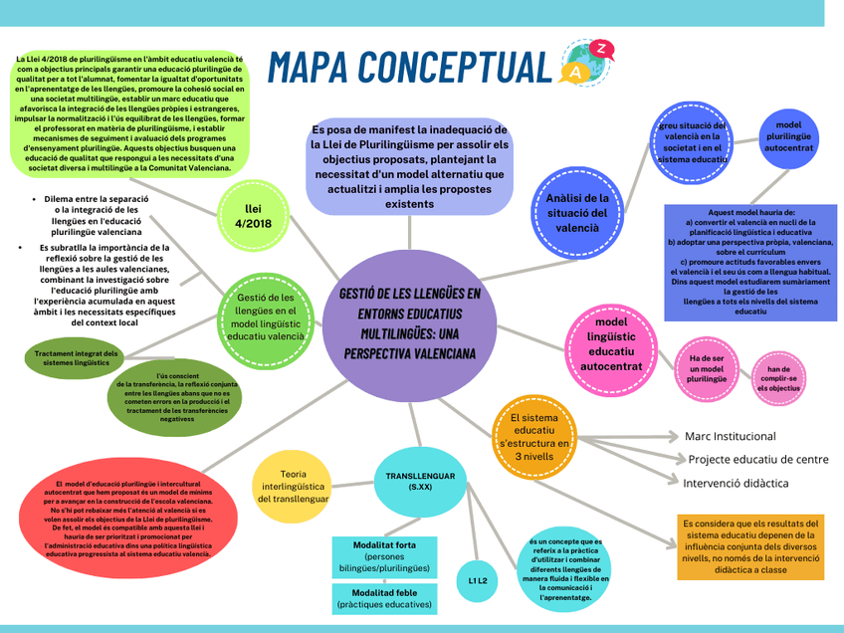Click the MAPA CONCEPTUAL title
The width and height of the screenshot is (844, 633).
click(x=409, y=66)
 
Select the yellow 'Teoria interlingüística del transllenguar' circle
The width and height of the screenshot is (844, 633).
click(x=293, y=486)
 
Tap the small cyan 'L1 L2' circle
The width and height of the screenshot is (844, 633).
click(x=478, y=580)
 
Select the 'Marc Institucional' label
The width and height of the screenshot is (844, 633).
click(x=730, y=436)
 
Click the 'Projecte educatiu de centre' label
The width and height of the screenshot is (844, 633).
click(x=757, y=460)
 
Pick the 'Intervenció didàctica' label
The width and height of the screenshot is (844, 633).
click(x=736, y=484)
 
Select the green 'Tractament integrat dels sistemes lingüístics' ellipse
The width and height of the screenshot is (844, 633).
click(x=77, y=358)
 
